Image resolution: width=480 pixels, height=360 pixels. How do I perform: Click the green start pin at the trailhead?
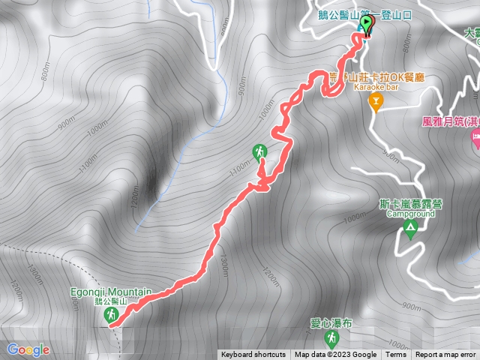pos(367,25)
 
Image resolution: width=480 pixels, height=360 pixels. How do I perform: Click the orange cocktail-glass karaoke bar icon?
pos(376,102)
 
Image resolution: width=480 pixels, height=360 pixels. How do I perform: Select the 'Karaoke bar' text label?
pos(376,87)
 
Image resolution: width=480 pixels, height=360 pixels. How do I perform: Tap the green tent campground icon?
pos(409,227)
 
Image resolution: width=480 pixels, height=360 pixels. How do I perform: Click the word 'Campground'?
pos(410,213)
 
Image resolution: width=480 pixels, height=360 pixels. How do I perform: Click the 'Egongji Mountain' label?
pos(112,291)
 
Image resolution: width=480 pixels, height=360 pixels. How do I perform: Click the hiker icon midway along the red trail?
pos(259,153)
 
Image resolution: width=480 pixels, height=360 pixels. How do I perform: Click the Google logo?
pos(28,349)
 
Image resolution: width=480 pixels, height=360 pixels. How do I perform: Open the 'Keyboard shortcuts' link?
pos(253,355)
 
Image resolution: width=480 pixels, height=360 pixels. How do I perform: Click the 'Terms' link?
pos(396,355)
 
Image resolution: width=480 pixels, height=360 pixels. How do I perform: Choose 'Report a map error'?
pos(445,355)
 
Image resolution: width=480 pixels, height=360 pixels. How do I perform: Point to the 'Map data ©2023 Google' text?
pos(335,355)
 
